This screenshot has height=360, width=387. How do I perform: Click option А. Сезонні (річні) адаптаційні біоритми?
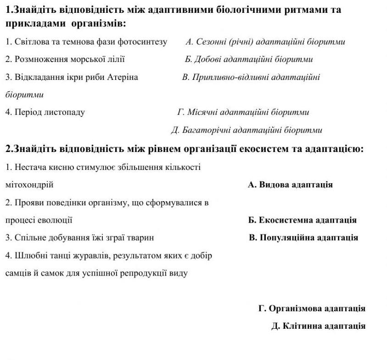pyautogui.click(x=265, y=42)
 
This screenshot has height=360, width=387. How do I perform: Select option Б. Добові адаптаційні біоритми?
pyautogui.click(x=249, y=59)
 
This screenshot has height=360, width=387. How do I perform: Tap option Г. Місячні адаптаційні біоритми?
pyautogui.click(x=243, y=112)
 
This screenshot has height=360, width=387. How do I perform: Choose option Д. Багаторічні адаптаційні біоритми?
pyautogui.click(x=247, y=130)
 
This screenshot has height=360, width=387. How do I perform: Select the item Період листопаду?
pyautogui.click(x=45, y=112)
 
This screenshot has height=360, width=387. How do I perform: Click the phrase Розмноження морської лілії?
pyautogui.click(x=65, y=59)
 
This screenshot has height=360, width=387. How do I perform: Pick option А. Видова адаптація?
pyautogui.click(x=290, y=185)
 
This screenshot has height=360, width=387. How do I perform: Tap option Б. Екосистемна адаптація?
pyautogui.click(x=302, y=220)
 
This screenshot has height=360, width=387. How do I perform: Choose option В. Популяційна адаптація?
pyautogui.click(x=303, y=237)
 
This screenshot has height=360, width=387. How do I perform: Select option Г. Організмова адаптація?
pyautogui.click(x=312, y=308)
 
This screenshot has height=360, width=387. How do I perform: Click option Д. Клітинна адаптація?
pyautogui.click(x=318, y=326)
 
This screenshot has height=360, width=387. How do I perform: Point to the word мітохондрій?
pyautogui.click(x=29, y=185)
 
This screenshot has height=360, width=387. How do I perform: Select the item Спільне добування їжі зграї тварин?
pyautogui.click(x=79, y=237)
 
